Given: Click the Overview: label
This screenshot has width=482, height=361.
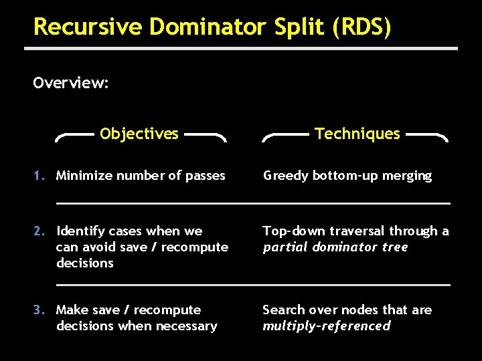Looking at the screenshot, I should click(x=71, y=83).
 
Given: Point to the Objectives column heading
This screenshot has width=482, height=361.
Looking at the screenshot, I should click(x=139, y=134).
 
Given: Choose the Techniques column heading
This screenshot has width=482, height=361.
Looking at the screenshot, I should click(x=357, y=134).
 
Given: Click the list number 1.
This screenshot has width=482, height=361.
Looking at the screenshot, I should click(x=39, y=176).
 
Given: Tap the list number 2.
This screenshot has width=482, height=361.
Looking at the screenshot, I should click(x=39, y=231).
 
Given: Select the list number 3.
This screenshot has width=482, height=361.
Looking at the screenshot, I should click(x=39, y=310).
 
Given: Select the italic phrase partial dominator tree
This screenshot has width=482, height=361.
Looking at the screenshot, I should click(x=335, y=247).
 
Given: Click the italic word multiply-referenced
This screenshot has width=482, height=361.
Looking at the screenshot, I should click(x=327, y=326).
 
